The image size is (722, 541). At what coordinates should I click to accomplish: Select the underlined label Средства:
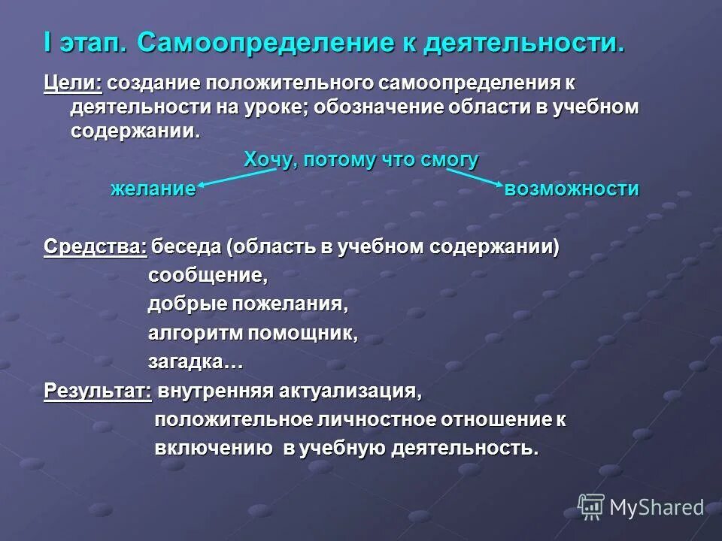click(95, 246)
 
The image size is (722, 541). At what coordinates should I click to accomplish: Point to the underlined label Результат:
click(98, 391)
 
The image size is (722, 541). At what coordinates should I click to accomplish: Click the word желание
click(153, 189)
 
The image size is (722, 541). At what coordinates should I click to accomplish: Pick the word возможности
click(572, 189)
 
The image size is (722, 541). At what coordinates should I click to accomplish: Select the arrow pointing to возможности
click(474, 177)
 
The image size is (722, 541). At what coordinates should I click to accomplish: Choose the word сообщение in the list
click(208, 276)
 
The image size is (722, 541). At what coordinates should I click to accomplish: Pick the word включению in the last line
click(214, 449)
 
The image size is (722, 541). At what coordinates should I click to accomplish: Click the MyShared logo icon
click(592, 507)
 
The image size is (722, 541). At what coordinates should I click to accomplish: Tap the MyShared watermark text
click(657, 508)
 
